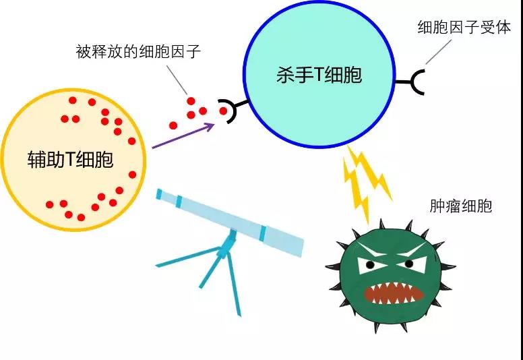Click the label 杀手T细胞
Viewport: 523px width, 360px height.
click(319, 74)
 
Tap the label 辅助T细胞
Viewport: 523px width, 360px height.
click(69, 160)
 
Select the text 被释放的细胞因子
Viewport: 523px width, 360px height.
click(138, 53)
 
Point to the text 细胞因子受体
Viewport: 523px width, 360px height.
click(464, 28)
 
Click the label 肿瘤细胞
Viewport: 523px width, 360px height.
click(461, 205)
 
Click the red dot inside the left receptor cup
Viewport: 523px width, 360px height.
click(223, 111)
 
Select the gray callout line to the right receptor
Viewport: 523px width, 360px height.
click(439, 53)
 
